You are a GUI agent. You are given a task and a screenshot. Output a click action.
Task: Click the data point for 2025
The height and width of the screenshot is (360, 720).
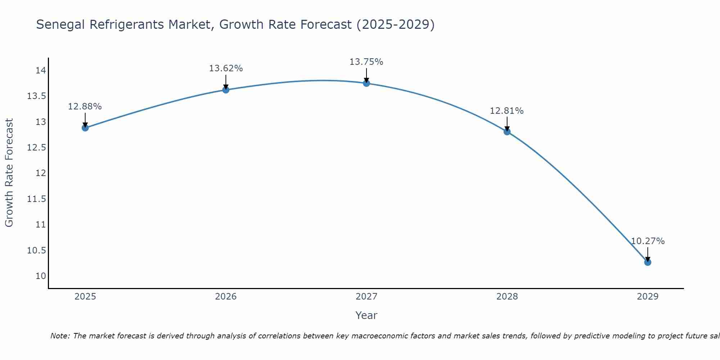click(x=85, y=128)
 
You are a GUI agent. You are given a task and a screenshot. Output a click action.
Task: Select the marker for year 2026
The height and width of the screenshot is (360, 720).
click(x=226, y=90)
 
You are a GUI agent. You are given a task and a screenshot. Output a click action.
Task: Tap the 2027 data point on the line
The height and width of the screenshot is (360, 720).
click(x=366, y=83)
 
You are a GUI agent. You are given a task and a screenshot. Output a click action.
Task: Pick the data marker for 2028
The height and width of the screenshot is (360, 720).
click(x=507, y=132)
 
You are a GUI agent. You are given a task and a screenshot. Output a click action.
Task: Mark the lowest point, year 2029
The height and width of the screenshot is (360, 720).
click(x=648, y=262)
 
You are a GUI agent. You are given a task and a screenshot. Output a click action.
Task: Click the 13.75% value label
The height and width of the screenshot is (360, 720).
click(x=366, y=62)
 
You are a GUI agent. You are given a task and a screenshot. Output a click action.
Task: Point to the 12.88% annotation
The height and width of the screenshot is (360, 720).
click(x=85, y=107)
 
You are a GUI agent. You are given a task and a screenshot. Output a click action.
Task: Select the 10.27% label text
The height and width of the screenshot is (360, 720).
click(x=648, y=241)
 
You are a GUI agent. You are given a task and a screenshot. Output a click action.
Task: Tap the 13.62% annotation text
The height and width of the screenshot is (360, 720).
click(x=226, y=68)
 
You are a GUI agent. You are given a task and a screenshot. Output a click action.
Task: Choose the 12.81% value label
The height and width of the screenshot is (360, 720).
click(x=507, y=111)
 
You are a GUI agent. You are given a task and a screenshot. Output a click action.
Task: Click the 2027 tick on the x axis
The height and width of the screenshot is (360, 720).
click(x=366, y=297)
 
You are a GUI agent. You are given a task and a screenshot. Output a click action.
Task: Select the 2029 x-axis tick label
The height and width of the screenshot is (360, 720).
click(x=648, y=297)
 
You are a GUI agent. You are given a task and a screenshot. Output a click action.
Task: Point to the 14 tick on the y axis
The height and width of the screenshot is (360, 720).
click(x=41, y=70)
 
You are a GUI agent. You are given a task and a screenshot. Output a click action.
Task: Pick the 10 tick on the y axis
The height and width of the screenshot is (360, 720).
click(x=41, y=276)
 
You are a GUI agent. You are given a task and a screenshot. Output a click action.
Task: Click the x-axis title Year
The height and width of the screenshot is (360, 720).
click(x=366, y=315)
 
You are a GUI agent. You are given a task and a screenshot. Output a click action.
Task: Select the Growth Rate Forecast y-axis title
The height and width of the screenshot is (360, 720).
click(x=9, y=173)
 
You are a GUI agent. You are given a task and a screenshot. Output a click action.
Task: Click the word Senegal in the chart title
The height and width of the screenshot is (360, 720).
click(x=61, y=24)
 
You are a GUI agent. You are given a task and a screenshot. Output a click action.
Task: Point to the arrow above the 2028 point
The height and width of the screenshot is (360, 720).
click(x=507, y=124)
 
